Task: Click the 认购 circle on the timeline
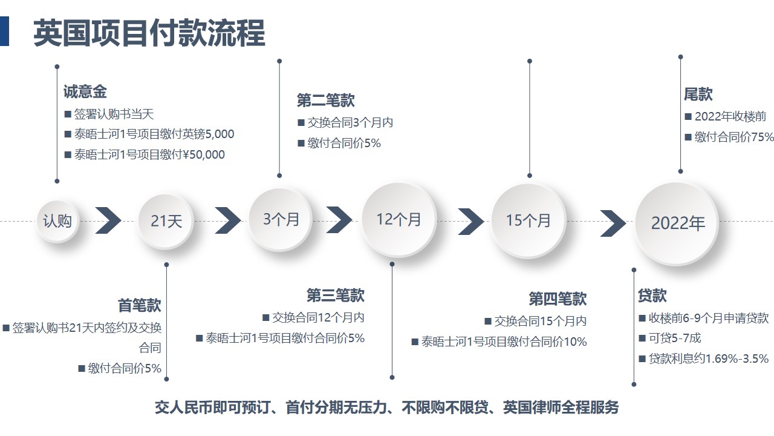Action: click(57, 221)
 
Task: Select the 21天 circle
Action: click(166, 221)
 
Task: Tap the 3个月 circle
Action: click(280, 219)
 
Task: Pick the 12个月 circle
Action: click(398, 220)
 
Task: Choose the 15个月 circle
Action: click(528, 221)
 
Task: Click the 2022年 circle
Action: click(677, 223)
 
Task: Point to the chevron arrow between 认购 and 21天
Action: click(108, 220)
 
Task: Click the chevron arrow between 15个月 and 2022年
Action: click(613, 223)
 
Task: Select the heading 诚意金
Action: click(85, 92)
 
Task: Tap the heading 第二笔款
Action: click(325, 101)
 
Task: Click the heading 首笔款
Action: click(139, 305)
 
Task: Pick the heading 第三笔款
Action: click(335, 295)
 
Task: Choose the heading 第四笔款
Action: click(558, 299)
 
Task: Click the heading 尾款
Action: click(698, 94)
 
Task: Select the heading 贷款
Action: click(652, 295)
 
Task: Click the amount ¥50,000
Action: click(204, 154)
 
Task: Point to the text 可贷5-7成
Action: click(674, 338)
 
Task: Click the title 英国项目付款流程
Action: click(149, 33)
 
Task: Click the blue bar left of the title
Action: click(4, 31)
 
